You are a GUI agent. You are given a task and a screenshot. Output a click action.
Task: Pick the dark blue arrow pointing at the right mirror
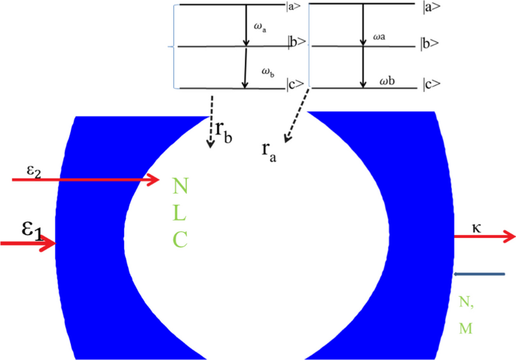pyautogui.click(x=479, y=274)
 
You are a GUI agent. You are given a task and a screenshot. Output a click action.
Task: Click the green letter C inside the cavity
pyautogui.click(x=179, y=239)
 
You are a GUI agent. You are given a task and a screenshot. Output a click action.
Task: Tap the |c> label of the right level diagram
pyautogui.click(x=431, y=83)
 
